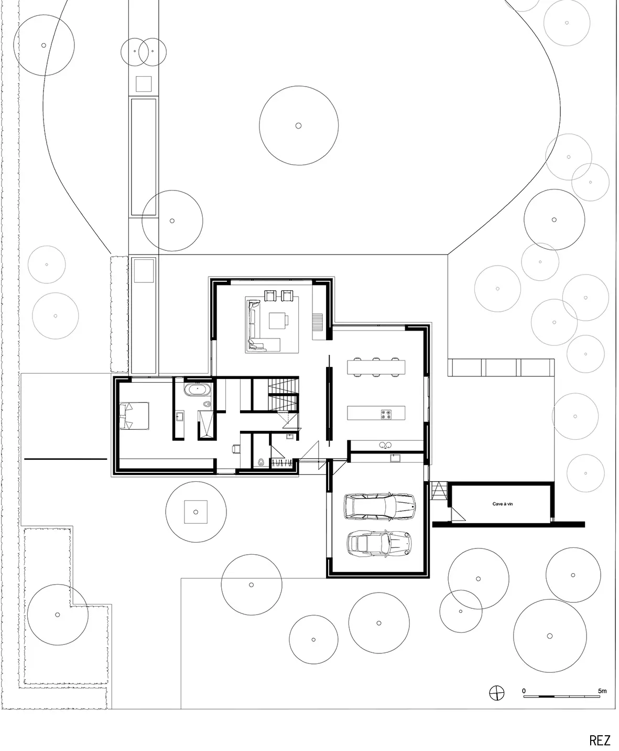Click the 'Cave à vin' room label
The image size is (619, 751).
click(502, 504)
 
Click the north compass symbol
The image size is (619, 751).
click(497, 692)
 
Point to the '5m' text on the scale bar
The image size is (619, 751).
click(602, 691)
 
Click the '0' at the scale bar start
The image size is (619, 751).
click(524, 691)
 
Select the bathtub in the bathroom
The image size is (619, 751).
click(197, 389)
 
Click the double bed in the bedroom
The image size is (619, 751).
click(134, 416)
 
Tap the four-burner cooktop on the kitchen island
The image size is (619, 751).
click(386, 414)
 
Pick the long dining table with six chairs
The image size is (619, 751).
click(376, 367)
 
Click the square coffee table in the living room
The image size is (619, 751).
click(278, 321)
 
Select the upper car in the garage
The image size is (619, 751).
click(379, 506)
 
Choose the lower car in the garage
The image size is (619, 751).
click(379, 544)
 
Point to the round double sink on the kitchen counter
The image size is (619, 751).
click(385, 445)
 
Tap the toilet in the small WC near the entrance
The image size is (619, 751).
click(261, 462)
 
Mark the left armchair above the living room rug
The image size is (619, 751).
click(270, 295)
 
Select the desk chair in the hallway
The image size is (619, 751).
click(236, 449)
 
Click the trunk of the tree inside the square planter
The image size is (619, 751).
click(196, 512)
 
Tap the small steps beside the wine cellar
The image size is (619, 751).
click(438, 490)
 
